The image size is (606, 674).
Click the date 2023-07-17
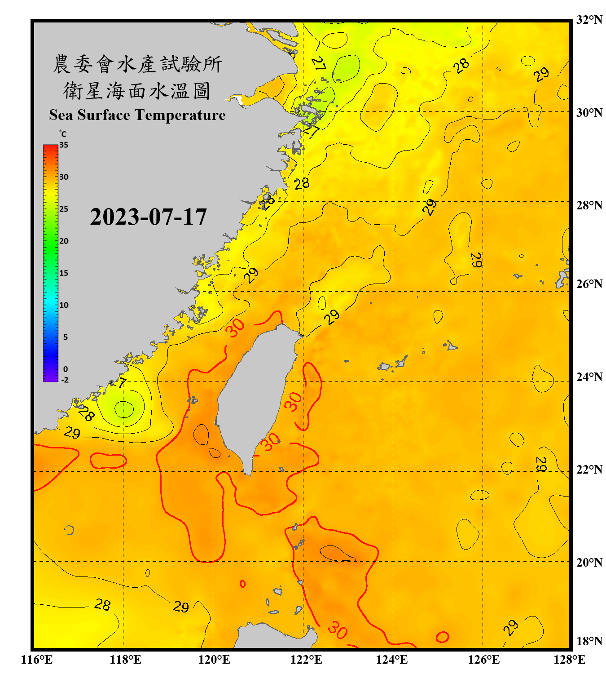click(x=148, y=217)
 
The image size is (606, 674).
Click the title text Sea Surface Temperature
click(x=137, y=115)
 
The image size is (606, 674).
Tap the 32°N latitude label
click(x=589, y=20)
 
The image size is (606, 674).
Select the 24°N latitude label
click(x=589, y=377)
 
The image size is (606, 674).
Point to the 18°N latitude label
click(x=589, y=641)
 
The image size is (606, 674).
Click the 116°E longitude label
click(x=37, y=660)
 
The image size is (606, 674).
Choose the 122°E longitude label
click(x=306, y=660)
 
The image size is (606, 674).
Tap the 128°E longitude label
click(x=569, y=660)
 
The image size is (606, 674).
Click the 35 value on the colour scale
click(x=64, y=145)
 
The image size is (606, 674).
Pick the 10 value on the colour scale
click(x=64, y=305)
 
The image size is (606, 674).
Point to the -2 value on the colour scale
click(x=65, y=380)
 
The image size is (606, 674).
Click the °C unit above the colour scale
click(x=63, y=134)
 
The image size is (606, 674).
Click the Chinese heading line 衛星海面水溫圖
click(x=137, y=91)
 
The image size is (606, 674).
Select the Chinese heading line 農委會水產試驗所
click(x=137, y=64)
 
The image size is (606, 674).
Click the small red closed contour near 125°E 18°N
click(x=442, y=637)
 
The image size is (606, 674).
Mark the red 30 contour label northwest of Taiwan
click(x=235, y=328)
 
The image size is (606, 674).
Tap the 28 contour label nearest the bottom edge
click(x=102, y=605)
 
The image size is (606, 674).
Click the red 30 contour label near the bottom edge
click(x=338, y=630)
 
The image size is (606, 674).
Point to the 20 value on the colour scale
click(x=64, y=241)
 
